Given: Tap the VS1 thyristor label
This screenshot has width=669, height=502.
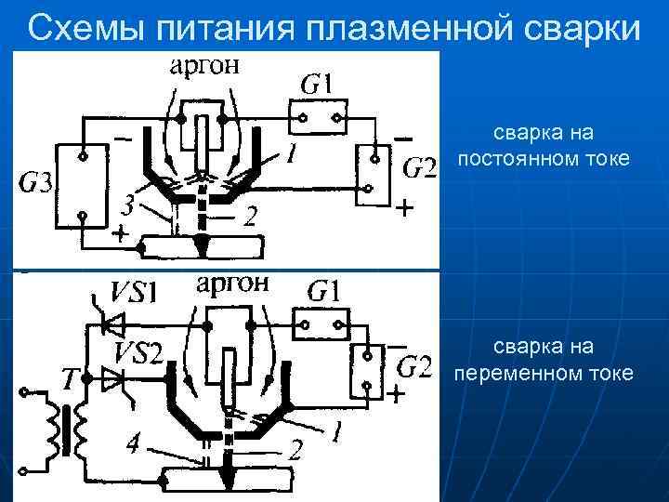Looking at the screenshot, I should pyautogui.click(x=134, y=292).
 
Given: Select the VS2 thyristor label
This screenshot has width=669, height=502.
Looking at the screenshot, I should pyautogui.click(x=138, y=352).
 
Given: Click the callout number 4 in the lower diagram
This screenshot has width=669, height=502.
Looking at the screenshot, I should pyautogui.click(x=134, y=446).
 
